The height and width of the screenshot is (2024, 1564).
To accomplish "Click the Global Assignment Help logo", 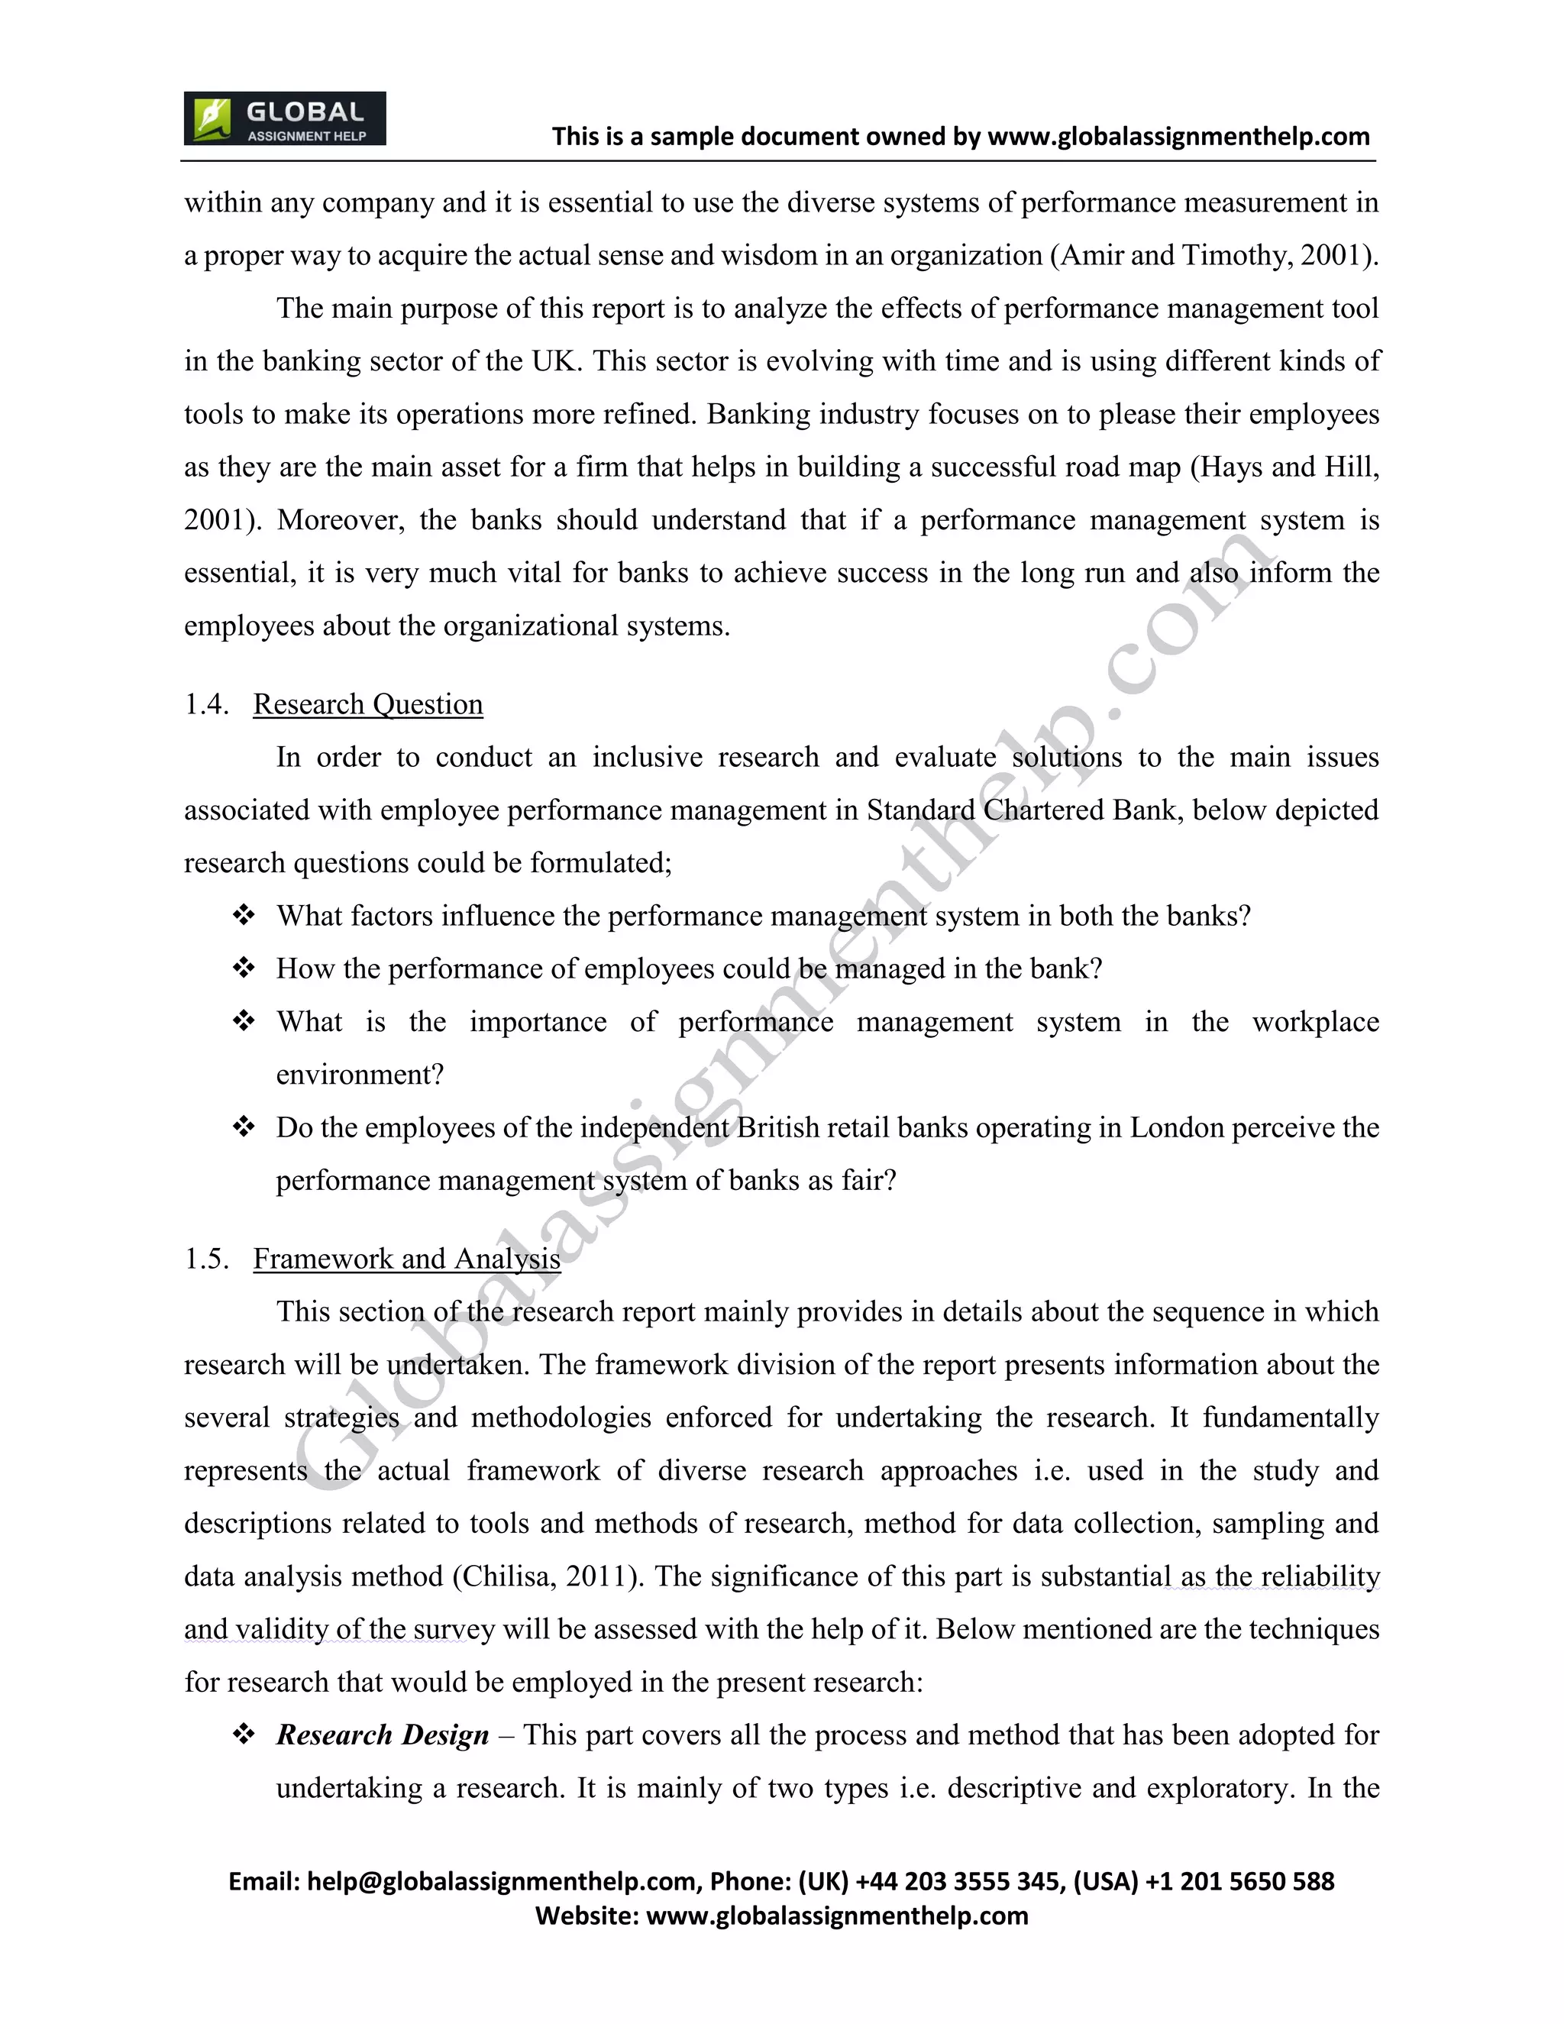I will (284, 118).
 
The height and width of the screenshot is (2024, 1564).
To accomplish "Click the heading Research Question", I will (368, 704).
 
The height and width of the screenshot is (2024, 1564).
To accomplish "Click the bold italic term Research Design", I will (382, 1735).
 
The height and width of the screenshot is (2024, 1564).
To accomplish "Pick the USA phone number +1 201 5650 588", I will (1239, 1882).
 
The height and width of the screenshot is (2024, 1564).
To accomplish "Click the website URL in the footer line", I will (837, 1916).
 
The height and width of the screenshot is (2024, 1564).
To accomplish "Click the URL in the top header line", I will (1178, 137).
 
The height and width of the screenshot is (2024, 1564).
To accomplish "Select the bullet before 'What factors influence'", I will (244, 916).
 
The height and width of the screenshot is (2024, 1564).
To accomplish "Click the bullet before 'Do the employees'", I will (244, 1127).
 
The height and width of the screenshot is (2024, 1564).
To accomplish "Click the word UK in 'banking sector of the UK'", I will (556, 361).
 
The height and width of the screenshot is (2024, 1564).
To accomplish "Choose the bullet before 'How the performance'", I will (244, 968).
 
